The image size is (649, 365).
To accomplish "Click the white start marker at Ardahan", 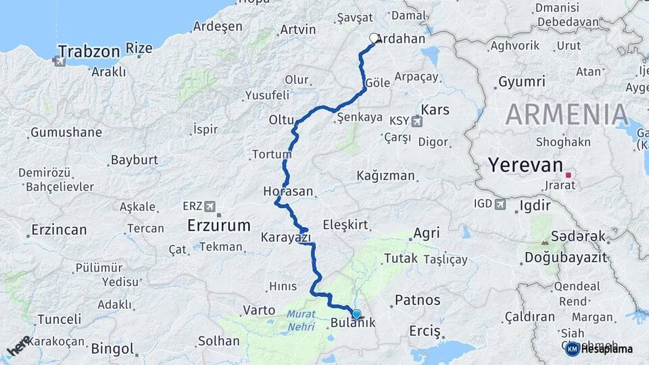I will pos(374,39).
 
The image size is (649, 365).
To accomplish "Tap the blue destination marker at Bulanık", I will pos(356,314).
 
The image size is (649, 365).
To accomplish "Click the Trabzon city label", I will pos(89,51).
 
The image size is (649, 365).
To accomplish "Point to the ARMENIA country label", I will pos(567,114).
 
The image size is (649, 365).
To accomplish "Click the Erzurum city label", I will pos(218,224).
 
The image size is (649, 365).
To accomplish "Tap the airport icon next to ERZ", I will pos(210,205).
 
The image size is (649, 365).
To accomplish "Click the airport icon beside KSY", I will pos(416,122).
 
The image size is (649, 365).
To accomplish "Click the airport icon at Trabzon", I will pos(59,62).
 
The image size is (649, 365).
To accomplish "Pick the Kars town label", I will pos(435,109).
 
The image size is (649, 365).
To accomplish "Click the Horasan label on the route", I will pos(288,191).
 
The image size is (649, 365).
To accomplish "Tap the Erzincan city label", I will pos(58,229).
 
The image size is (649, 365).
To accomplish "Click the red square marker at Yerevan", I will pos(569,174).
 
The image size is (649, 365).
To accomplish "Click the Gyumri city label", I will pos(521,82).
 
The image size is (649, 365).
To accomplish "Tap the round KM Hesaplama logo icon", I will pos(571,349).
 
